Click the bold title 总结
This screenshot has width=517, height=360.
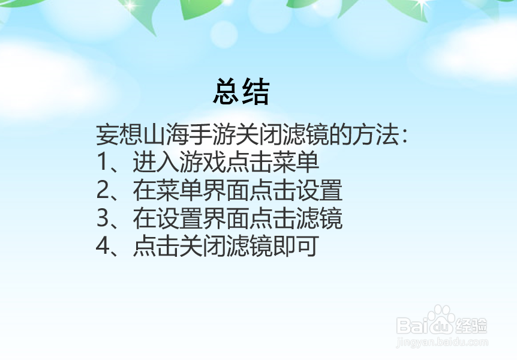[241, 92]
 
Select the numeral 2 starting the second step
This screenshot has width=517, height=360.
[102, 190]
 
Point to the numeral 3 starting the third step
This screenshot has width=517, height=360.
[102, 218]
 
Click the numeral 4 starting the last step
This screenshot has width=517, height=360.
[103, 246]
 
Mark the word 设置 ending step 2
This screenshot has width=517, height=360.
[320, 190]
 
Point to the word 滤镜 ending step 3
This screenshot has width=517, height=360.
[320, 218]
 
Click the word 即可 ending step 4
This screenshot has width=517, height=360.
[296, 246]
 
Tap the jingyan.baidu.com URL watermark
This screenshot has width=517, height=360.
[442, 342]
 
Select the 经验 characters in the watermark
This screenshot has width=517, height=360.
[471, 326]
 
